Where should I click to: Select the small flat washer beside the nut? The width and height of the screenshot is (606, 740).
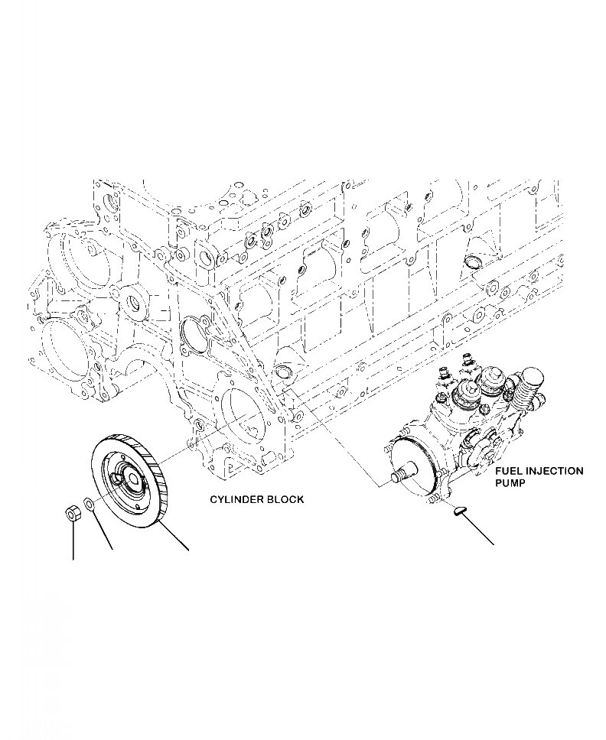pyautogui.click(x=89, y=505)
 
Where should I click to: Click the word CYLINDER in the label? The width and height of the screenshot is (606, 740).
pyautogui.click(x=236, y=499)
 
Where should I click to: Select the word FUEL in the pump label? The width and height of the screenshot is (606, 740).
pyautogui.click(x=508, y=472)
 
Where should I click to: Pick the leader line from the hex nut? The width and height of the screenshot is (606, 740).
pyautogui.click(x=73, y=543)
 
